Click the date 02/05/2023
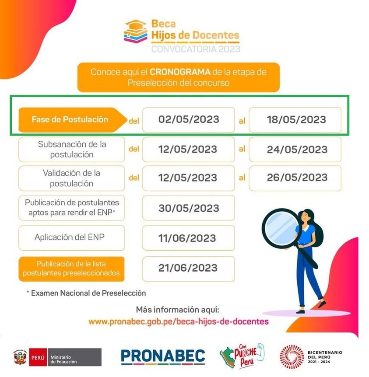[x=188, y=119]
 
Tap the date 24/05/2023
[x=297, y=149]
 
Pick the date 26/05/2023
[x=297, y=178]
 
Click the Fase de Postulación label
[x=70, y=119]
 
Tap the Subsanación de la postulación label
[x=72, y=149]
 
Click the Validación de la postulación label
[x=71, y=178]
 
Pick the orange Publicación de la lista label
[x=71, y=269]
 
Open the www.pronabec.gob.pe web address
[x=178, y=321]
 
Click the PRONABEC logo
[x=163, y=356]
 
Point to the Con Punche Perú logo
[x=242, y=356]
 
